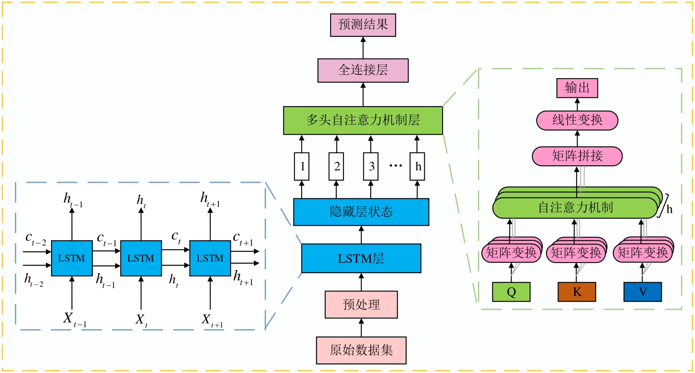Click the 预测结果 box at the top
click(363, 25)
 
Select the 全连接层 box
click(363, 71)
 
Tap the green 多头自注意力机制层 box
click(363, 121)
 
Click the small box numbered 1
click(302, 167)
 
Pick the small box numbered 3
click(371, 167)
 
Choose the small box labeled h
click(418, 167)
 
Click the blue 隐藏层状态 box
click(361, 212)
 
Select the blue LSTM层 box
click(361, 258)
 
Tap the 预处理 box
click(361, 305)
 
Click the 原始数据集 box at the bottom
click(361, 350)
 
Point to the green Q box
click(511, 292)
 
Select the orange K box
click(577, 292)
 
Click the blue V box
click(643, 292)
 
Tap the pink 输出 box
click(577, 88)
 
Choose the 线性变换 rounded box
click(577, 121)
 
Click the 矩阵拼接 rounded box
click(577, 156)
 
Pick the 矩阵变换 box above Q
click(511, 253)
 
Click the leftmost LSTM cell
click(72, 258)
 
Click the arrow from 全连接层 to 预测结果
click(363, 48)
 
